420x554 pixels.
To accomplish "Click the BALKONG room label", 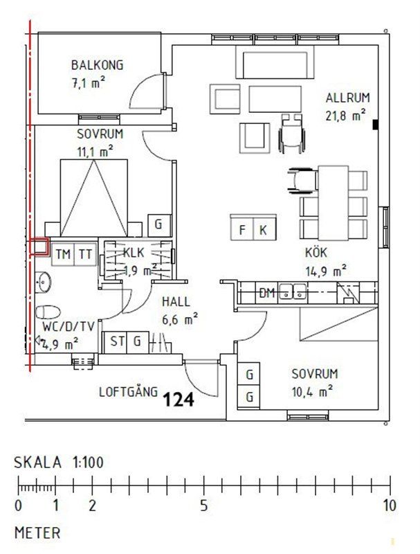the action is (97, 65).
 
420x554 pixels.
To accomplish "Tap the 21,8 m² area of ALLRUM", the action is (345, 116).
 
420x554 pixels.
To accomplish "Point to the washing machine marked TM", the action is (63, 254).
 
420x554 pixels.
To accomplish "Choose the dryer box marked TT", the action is (85, 254).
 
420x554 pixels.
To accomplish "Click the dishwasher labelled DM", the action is (267, 293).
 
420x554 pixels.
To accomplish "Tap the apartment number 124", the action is (179, 400).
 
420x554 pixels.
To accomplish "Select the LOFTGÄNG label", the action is (128, 392).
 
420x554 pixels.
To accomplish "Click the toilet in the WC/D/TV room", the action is (48, 312).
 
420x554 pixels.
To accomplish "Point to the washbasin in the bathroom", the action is (43, 283).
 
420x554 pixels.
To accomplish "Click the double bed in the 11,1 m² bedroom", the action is (94, 198).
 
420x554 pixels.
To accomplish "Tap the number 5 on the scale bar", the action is (204, 506).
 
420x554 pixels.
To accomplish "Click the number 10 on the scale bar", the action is (390, 506).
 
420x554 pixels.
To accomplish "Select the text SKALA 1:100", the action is (59, 463).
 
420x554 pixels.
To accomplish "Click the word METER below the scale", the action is (37, 533).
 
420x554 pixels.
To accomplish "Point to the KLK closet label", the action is (134, 253).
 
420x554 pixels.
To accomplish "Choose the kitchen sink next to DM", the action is (293, 292).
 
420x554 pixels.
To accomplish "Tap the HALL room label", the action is (176, 302).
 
